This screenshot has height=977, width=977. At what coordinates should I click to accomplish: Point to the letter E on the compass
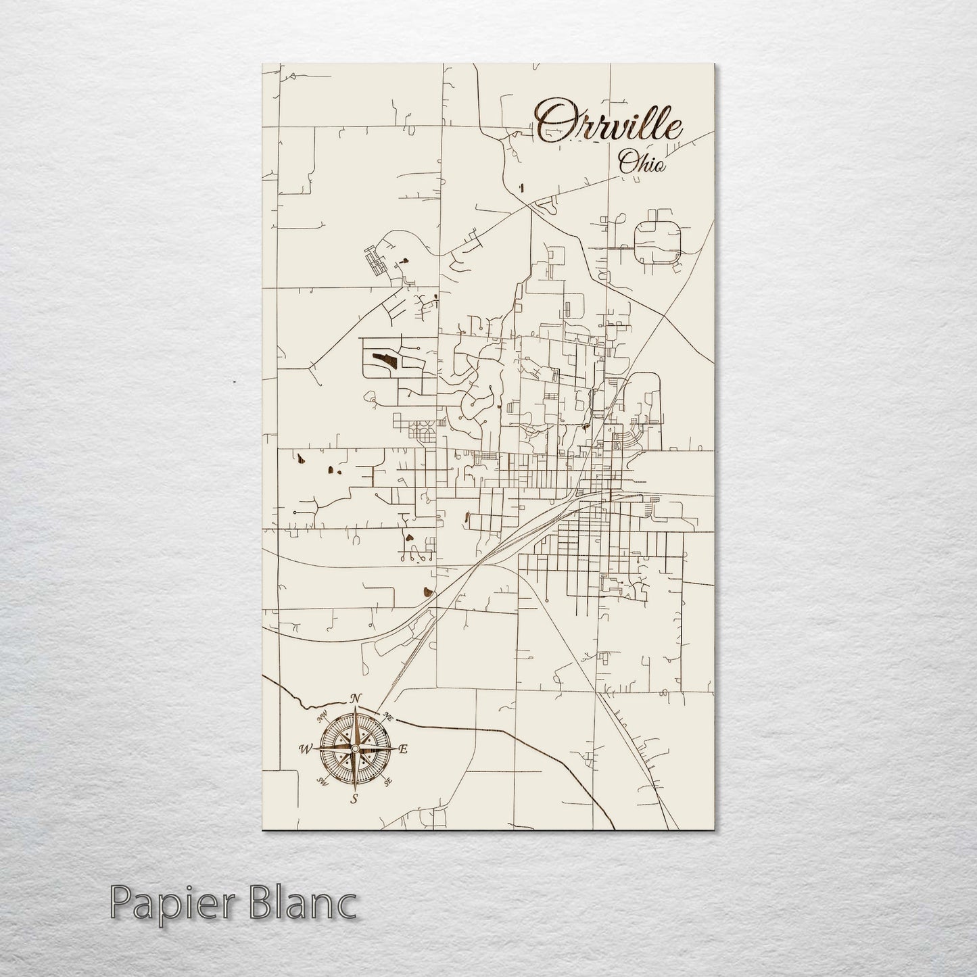[x=403, y=749]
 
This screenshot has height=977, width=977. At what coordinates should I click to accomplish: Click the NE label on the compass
[x=387, y=716]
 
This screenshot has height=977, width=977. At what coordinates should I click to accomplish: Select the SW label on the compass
[x=322, y=782]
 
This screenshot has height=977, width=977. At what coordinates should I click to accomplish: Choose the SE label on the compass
[x=387, y=782]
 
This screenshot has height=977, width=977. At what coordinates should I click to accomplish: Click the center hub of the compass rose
[x=354, y=749]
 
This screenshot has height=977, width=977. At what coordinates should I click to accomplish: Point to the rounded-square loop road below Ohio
[x=657, y=241]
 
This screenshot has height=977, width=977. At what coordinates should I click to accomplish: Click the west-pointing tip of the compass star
[x=314, y=748]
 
